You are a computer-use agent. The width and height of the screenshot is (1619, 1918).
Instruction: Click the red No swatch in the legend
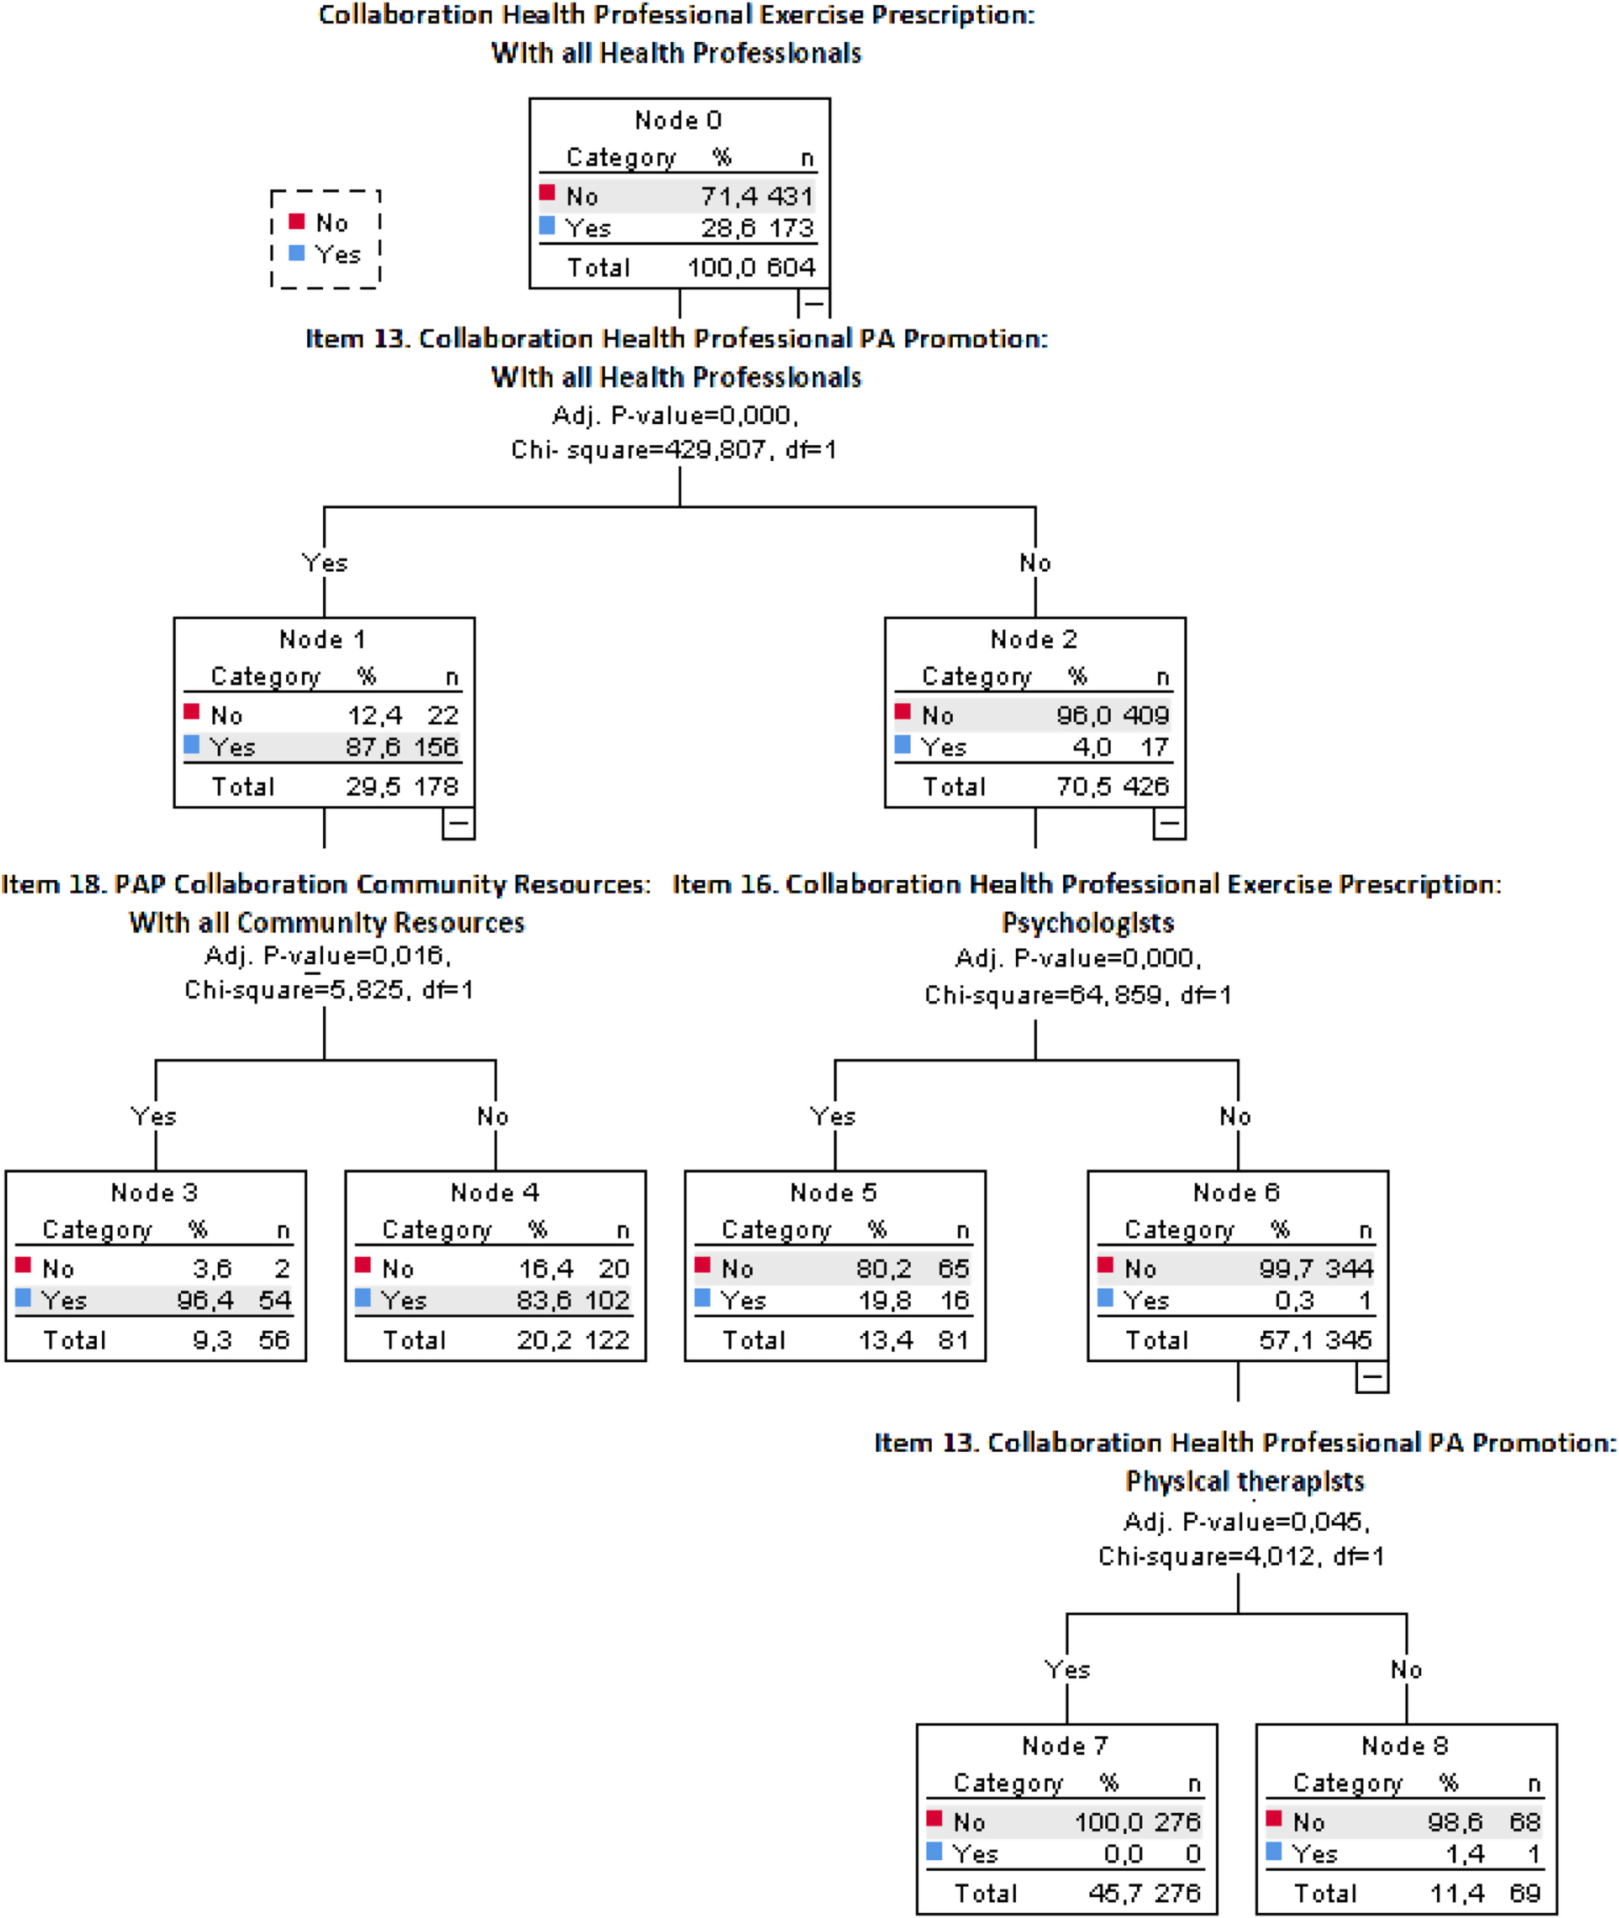click(297, 221)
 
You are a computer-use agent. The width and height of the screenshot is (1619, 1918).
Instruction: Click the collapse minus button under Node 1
click(458, 823)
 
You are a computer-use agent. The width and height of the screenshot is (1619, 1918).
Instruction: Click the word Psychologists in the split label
click(1087, 922)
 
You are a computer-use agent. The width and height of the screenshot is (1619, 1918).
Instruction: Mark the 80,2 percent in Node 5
click(883, 1268)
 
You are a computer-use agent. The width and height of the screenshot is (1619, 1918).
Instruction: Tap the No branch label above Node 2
click(1035, 562)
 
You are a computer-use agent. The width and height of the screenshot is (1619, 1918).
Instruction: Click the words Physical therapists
click(1244, 1481)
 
